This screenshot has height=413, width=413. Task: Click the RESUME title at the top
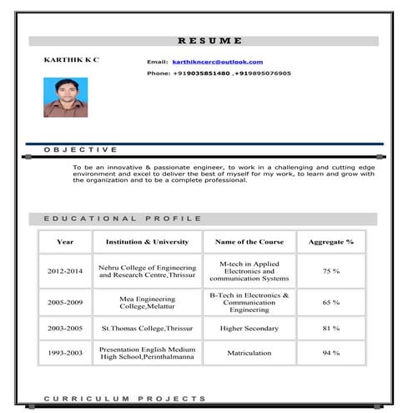pos(209,40)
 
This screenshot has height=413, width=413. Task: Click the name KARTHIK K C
pos(71,61)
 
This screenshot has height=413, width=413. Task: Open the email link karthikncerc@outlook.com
pos(217,62)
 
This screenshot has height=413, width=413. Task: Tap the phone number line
pos(219,73)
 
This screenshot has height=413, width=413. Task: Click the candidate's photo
pos(65,98)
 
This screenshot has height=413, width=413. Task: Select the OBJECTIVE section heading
pos(80,149)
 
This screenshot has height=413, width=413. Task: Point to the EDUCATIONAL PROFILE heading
pos(122,219)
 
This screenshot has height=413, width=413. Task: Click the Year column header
pos(65,242)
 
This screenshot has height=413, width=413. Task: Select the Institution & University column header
pos(147,242)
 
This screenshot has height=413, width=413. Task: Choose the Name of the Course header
pos(249,242)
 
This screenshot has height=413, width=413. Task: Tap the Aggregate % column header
pos(330,242)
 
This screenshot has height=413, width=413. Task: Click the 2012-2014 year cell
pos(65,271)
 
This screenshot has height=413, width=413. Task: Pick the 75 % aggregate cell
pos(330,271)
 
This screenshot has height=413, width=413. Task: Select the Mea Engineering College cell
pos(147,302)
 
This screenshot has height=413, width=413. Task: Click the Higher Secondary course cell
pos(249,328)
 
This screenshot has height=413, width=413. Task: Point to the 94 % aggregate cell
pos(330,353)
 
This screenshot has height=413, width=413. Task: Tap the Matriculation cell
pos(249,353)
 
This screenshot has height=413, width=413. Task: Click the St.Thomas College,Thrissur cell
pos(147,328)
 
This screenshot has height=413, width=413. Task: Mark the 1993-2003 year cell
pos(65,353)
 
